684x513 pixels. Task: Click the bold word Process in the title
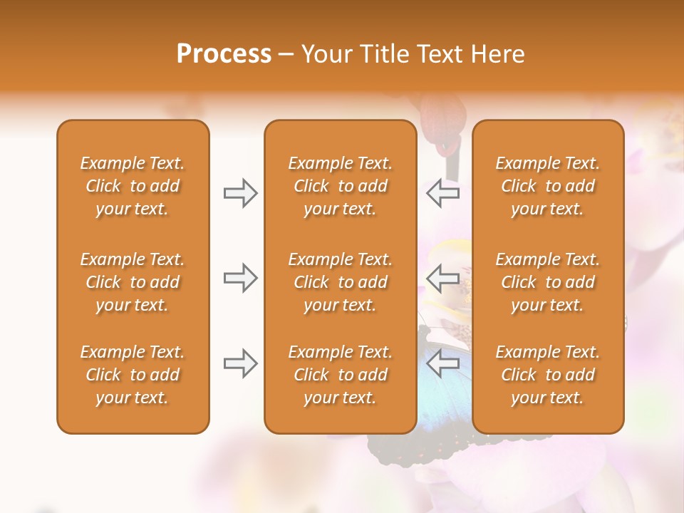click(224, 54)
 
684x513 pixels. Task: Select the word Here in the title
click(497, 54)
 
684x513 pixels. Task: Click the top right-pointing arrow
click(240, 193)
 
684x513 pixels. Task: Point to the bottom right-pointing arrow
click(240, 363)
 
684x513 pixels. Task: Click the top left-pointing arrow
click(443, 193)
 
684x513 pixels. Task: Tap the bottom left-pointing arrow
click(443, 363)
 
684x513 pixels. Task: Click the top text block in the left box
click(133, 186)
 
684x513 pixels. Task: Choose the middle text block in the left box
click(133, 282)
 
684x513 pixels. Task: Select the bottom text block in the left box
click(133, 375)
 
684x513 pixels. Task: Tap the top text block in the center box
click(341, 186)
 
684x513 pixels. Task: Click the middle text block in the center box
click(341, 282)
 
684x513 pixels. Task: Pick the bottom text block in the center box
click(341, 375)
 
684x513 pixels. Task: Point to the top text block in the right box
click(548, 186)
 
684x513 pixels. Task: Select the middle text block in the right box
click(548, 282)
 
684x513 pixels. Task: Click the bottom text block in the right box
click(548, 375)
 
